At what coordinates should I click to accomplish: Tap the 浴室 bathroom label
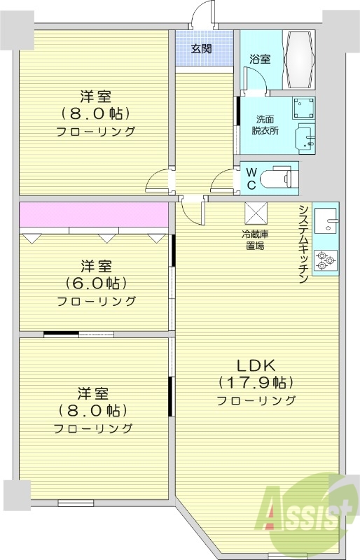(260, 59)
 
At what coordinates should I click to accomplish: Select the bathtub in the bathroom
(300, 60)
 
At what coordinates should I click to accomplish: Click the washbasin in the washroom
(305, 137)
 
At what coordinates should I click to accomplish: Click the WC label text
(250, 178)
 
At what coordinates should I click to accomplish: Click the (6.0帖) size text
(96, 283)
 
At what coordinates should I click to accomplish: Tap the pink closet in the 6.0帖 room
(94, 215)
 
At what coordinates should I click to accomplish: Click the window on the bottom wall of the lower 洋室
(75, 501)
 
